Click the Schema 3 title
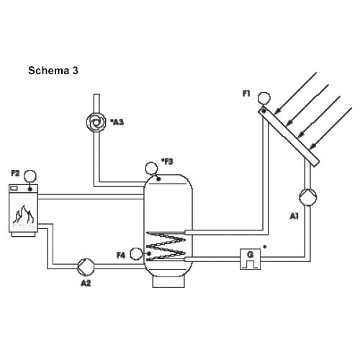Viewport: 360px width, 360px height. pyautogui.click(x=53, y=71)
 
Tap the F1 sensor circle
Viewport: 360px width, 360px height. pyautogui.click(x=264, y=98)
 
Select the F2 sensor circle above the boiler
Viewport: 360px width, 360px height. pyautogui.click(x=30, y=176)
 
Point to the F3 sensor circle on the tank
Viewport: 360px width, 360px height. pyautogui.click(x=151, y=168)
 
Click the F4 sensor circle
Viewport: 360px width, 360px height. pyautogui.click(x=136, y=254)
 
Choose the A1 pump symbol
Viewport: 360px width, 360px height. pyautogui.click(x=308, y=197)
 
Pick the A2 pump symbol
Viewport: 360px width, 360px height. pyautogui.click(x=86, y=266)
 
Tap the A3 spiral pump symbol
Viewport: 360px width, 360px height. pyautogui.click(x=96, y=122)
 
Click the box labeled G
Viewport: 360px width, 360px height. pyautogui.click(x=251, y=259)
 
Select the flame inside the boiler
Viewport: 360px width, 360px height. pyautogui.click(x=24, y=215)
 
